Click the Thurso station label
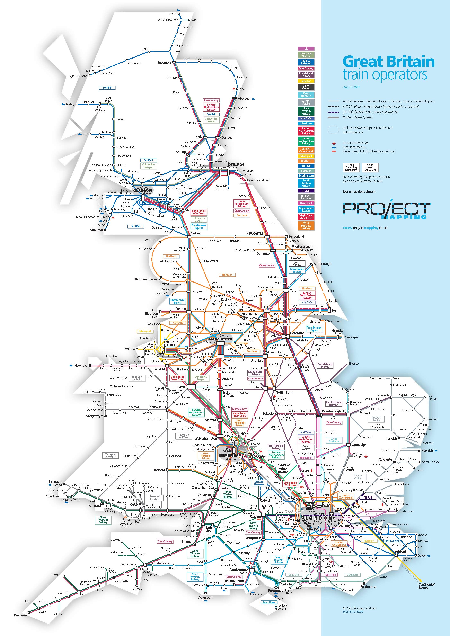coord(173,13)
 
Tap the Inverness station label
coord(165,63)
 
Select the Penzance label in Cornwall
coord(20,615)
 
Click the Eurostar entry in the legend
coord(306,81)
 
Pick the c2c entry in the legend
coord(306,48)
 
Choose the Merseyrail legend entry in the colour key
coord(306,156)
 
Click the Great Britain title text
coord(388,62)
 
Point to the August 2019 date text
coord(351,87)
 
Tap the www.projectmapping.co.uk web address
coord(365,228)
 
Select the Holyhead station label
coord(81,365)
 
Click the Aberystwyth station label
coord(94,416)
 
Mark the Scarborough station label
coord(322,264)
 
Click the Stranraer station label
coord(96,230)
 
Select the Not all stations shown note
coord(359,192)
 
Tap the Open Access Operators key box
coord(370,168)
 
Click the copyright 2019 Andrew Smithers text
coord(359,608)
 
